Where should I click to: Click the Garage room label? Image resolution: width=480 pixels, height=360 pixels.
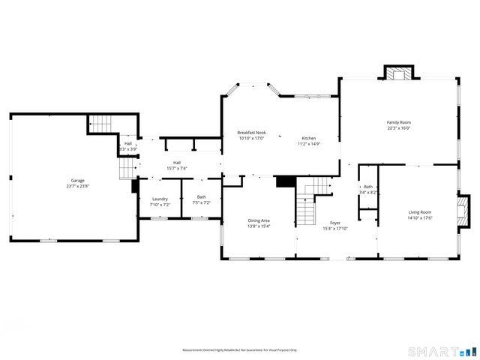(77, 180)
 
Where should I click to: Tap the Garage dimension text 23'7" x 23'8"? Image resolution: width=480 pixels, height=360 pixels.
(77, 185)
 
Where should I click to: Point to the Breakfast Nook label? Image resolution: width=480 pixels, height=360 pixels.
(252, 133)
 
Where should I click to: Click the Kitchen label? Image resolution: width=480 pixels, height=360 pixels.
(309, 138)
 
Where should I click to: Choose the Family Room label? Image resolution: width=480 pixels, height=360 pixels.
(398, 122)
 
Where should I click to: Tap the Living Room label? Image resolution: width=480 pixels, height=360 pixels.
(420, 212)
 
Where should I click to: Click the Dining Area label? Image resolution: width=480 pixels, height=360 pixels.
(259, 220)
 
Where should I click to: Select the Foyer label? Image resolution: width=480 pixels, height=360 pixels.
(335, 223)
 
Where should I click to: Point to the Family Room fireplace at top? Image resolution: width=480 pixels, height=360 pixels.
(399, 73)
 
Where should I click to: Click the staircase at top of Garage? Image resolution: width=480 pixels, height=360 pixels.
(100, 123)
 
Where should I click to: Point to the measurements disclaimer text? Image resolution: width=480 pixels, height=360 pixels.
(240, 350)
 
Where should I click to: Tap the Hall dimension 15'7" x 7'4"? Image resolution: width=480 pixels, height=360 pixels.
(177, 167)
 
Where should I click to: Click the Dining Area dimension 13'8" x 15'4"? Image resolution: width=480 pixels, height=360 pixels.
(259, 226)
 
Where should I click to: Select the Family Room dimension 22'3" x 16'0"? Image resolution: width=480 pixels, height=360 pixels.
(398, 127)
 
